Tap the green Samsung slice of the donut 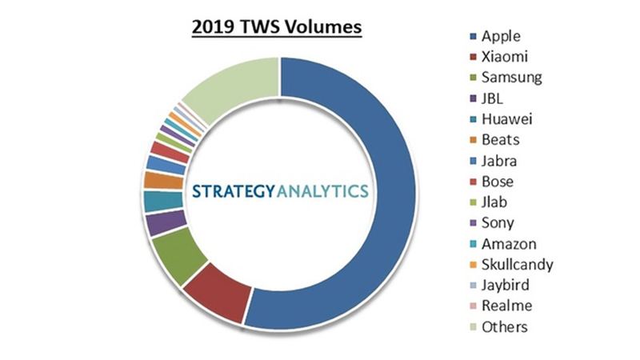182,254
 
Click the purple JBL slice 165,223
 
